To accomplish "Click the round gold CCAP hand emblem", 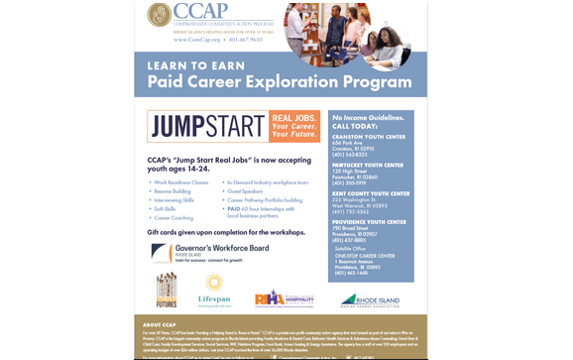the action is coord(157,15).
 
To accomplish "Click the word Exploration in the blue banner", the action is coord(300,82).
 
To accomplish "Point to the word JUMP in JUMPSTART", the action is coord(179,127).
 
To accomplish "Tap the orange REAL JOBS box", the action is coord(294,126).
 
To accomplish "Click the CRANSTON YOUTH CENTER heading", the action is coord(369,137).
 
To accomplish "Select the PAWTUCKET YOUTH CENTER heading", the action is coord(368,166).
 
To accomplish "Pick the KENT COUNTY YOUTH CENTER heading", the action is coord(371,193).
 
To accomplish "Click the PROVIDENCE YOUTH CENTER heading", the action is coord(369,222).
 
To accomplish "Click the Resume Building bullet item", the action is coord(172,190).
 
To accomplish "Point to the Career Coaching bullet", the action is coord(172,217).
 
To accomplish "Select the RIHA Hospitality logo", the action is coord(284,297).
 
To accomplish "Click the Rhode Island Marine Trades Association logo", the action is coord(370,300).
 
